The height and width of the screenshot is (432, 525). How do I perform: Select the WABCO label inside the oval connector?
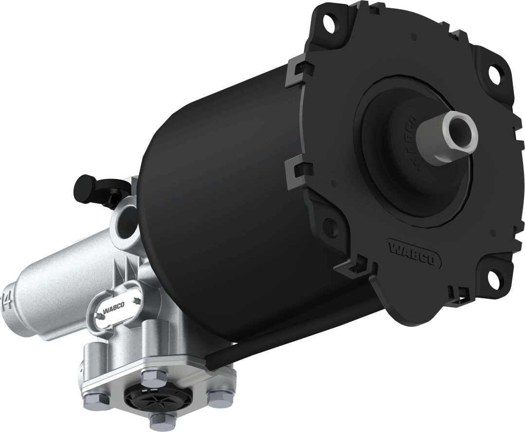click(x=113, y=307)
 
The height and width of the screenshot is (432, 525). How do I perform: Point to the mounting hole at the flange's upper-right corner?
click(x=495, y=73)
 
